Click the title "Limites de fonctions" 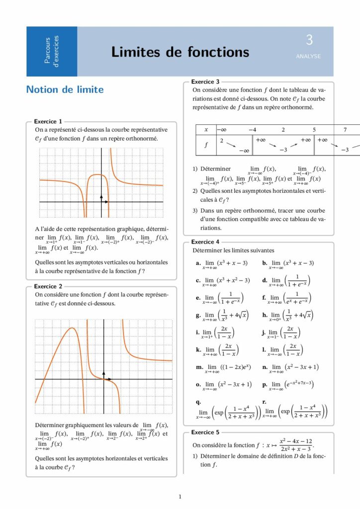coord(180,52)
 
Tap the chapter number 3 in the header coord(309,40)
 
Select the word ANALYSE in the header coord(308,57)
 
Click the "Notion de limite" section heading coord(65,89)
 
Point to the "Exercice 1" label coord(48,121)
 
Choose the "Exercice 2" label coord(48,286)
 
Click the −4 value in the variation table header coord(252,130)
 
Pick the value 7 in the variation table coord(345,130)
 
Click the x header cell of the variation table coord(206,130)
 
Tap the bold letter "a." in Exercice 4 coord(198,263)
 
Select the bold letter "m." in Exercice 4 coord(199,367)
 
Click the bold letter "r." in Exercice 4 coord(264,402)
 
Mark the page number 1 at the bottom coord(180,497)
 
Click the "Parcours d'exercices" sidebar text coord(51,52)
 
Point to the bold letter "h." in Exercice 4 coord(265,315)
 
